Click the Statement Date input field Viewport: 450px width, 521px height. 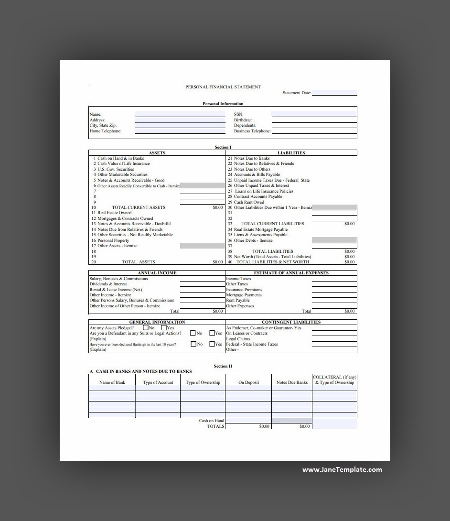click(x=334, y=93)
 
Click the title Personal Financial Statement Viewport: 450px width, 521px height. click(x=223, y=87)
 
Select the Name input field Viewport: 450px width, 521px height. click(x=180, y=115)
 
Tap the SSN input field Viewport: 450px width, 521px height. click(x=313, y=115)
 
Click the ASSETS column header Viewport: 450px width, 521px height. click(x=157, y=153)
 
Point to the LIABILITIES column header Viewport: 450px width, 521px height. click(x=291, y=153)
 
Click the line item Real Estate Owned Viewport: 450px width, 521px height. click(x=115, y=213)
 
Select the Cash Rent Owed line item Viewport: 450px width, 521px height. click(x=249, y=202)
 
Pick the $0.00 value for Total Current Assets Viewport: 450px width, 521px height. click(x=218, y=207)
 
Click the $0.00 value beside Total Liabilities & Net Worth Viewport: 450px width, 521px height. click(x=349, y=262)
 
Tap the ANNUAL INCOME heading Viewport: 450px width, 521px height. click(x=157, y=273)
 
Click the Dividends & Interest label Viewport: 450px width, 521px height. click(x=108, y=284)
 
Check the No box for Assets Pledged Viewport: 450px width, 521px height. click(x=146, y=328)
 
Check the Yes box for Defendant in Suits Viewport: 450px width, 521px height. click(x=212, y=333)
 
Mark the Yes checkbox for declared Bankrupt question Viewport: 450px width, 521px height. click(x=212, y=344)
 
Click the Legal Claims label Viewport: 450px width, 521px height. click(x=238, y=339)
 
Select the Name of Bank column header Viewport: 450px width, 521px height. click(x=112, y=382)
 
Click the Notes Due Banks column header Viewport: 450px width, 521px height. click(x=292, y=382)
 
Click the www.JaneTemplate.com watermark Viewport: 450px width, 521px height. click(x=342, y=469)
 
